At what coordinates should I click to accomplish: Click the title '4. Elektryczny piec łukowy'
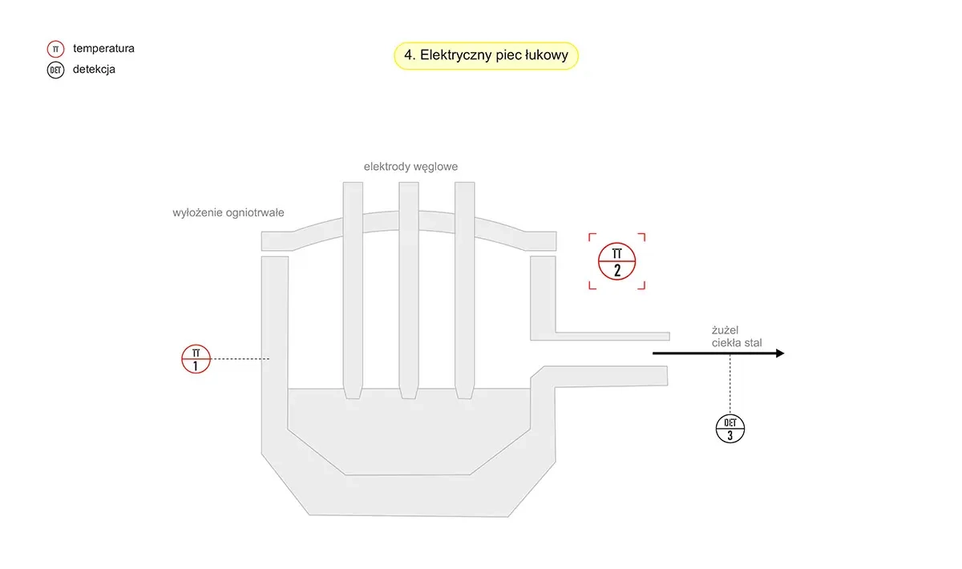tap(486, 56)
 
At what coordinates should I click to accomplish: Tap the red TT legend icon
tap(55, 49)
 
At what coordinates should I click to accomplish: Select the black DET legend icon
tap(55, 70)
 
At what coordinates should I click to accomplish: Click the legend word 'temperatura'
tap(103, 49)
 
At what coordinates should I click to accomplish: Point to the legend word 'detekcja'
tap(94, 70)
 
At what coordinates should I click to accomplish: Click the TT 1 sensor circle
tap(196, 359)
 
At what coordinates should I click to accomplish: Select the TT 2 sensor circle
tap(616, 261)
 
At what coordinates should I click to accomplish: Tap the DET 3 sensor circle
tap(730, 429)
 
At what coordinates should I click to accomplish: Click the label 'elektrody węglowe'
tap(410, 167)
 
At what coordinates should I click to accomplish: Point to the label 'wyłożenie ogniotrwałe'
tap(228, 213)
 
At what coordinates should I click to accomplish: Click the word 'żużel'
tap(725, 329)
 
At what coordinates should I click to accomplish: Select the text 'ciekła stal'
tap(737, 343)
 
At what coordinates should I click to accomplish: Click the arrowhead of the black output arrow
tap(778, 353)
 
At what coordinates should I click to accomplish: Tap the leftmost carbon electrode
tap(353, 280)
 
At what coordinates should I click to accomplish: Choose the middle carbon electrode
tap(409, 280)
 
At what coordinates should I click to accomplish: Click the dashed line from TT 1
tap(240, 360)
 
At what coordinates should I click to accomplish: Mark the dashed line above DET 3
tap(730, 385)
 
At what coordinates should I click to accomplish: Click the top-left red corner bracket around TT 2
tap(592, 236)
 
